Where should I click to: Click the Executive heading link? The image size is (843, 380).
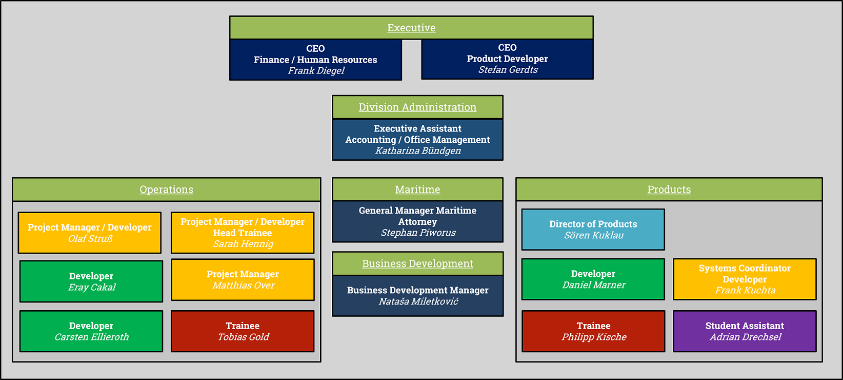(411, 28)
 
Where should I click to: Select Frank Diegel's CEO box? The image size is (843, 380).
(316, 60)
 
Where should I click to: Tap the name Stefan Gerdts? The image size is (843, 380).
(508, 70)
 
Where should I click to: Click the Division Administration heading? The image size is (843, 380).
(417, 107)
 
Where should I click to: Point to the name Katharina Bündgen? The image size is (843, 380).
(418, 151)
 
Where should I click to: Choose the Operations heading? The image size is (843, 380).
(166, 189)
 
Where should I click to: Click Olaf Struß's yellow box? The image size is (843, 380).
(90, 233)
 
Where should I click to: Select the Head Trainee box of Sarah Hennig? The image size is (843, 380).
(243, 233)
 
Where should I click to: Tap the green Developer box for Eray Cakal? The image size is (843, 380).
(91, 281)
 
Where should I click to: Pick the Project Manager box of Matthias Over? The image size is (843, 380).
(243, 279)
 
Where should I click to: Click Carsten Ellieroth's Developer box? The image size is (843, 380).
(91, 331)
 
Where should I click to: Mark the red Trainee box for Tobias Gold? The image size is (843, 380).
(243, 331)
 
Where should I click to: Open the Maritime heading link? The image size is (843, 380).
(417, 189)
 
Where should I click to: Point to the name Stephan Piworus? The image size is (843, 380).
(418, 233)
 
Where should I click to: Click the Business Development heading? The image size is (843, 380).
(418, 263)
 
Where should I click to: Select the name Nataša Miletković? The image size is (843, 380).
(418, 301)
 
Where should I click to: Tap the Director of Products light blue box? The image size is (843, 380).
(593, 229)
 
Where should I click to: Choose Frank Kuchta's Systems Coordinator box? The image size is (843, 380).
(745, 279)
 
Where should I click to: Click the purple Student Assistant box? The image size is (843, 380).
(745, 331)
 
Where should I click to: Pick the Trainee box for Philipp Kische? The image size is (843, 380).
(593, 331)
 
